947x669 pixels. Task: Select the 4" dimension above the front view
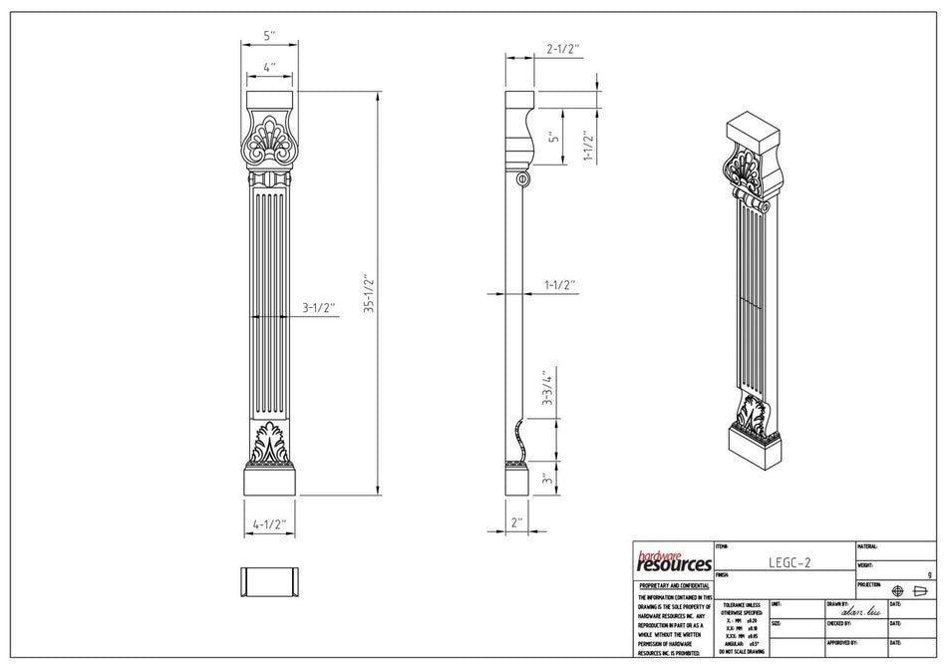pyautogui.click(x=269, y=68)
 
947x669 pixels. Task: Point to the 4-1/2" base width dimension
pyautogui.click(x=270, y=521)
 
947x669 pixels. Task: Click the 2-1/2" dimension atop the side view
pyautogui.click(x=562, y=48)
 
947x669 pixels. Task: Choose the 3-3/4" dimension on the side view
pyautogui.click(x=545, y=391)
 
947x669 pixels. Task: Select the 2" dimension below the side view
pyautogui.click(x=515, y=521)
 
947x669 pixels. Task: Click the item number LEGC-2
pyautogui.click(x=789, y=562)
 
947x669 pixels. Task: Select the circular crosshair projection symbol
pyautogui.click(x=897, y=591)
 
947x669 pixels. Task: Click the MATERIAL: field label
pyautogui.click(x=867, y=547)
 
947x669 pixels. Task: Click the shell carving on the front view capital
pyautogui.click(x=269, y=140)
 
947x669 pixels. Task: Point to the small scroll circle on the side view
pyautogui.click(x=521, y=179)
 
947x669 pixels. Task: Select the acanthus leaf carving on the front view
pyautogui.click(x=270, y=444)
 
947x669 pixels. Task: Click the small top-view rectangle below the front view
pyautogui.click(x=270, y=581)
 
